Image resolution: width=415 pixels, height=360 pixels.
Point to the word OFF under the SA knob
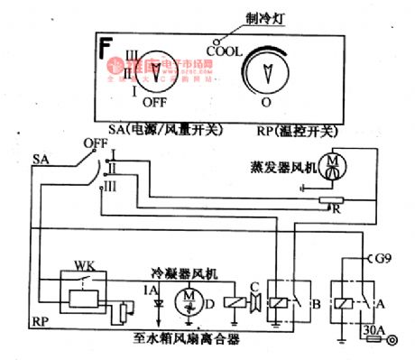coord(155,102)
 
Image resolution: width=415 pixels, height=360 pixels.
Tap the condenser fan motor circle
coord(190,299)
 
